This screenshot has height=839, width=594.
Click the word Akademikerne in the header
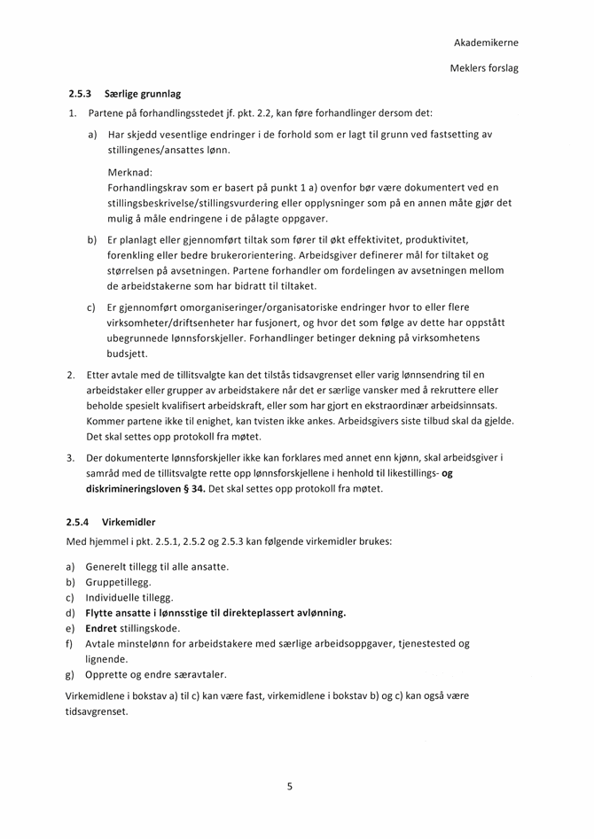tap(486, 43)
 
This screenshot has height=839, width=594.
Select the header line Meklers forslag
tap(484, 68)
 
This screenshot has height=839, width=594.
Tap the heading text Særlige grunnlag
tap(143, 93)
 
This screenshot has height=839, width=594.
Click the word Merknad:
tap(130, 172)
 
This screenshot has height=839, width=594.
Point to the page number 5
tap(290, 786)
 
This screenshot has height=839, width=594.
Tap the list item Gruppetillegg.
tap(119, 582)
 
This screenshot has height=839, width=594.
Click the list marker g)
tap(70, 674)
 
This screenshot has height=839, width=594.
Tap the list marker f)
tap(69, 643)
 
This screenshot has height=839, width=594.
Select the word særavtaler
tap(200, 674)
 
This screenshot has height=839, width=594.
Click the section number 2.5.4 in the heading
tap(78, 522)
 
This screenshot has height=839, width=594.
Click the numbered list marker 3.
tap(70, 457)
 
